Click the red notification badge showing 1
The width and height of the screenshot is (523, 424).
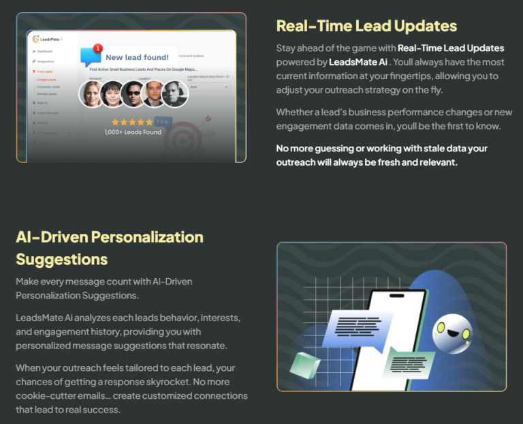click(x=97, y=48)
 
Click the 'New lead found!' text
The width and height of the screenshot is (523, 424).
click(x=137, y=58)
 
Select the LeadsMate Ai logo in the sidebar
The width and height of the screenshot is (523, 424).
click(x=47, y=39)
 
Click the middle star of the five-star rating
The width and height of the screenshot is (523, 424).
click(x=131, y=123)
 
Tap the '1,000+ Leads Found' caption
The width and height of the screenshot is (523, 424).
click(x=133, y=132)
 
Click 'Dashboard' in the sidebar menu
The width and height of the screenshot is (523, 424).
click(x=45, y=51)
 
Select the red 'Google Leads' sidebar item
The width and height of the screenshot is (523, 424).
click(x=47, y=80)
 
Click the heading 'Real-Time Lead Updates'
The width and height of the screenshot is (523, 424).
click(x=366, y=27)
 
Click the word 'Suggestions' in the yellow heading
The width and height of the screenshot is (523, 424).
click(x=61, y=259)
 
